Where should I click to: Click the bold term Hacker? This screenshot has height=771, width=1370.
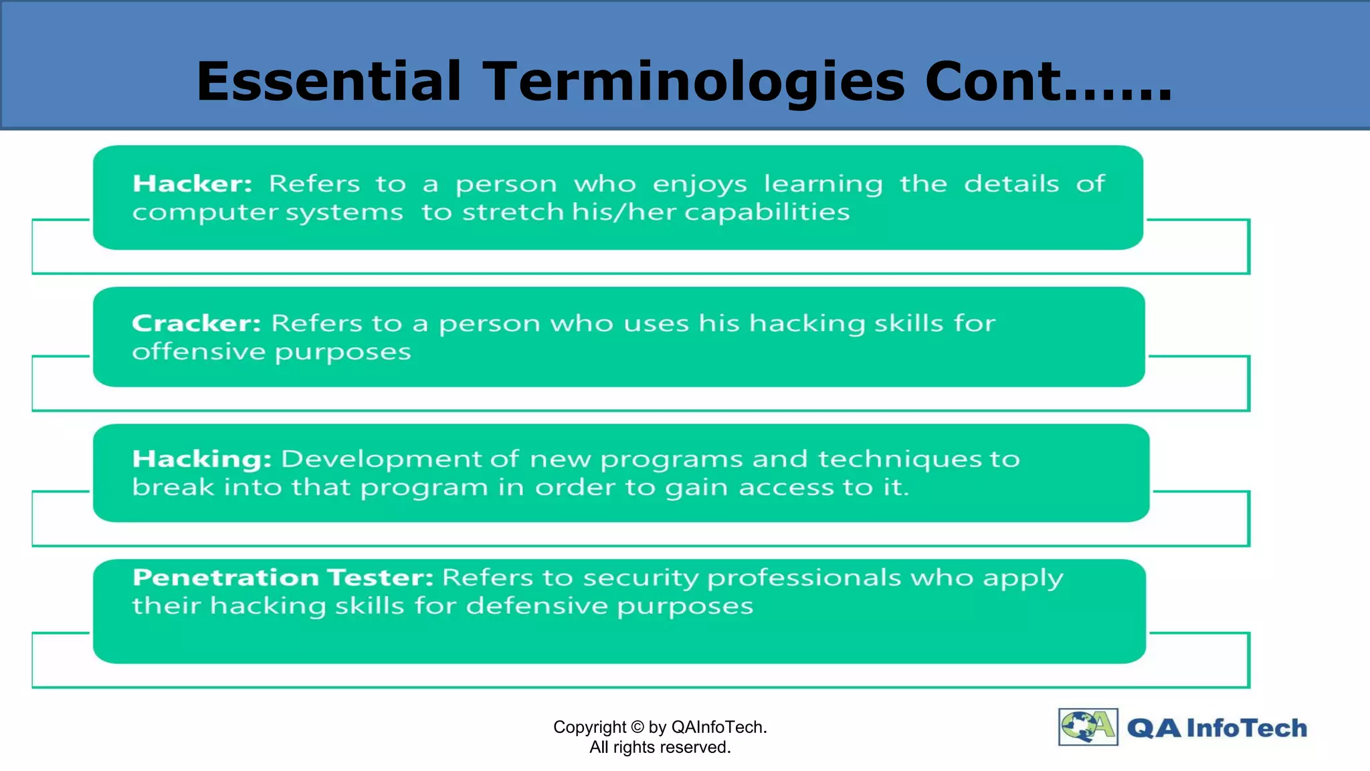click(x=192, y=183)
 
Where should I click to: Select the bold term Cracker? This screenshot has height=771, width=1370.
click(x=196, y=323)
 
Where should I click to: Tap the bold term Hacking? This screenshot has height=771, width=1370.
click(x=201, y=459)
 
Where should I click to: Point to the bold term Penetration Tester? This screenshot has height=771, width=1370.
click(x=283, y=577)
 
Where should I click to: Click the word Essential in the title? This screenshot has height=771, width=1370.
click(x=328, y=82)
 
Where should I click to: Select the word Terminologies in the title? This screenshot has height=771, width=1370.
click(x=693, y=82)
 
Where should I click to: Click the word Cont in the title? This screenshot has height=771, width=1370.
click(x=993, y=82)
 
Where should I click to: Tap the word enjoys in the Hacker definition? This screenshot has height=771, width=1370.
click(x=700, y=185)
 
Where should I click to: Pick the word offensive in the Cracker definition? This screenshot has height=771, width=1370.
click(x=199, y=352)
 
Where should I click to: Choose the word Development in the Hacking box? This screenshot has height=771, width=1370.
click(x=381, y=459)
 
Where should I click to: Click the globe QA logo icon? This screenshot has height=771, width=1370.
click(x=1088, y=727)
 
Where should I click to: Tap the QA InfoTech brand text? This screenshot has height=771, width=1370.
click(x=1216, y=728)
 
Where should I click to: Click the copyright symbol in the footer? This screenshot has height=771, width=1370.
click(x=637, y=727)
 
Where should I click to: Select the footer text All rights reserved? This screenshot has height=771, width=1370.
click(x=660, y=748)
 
